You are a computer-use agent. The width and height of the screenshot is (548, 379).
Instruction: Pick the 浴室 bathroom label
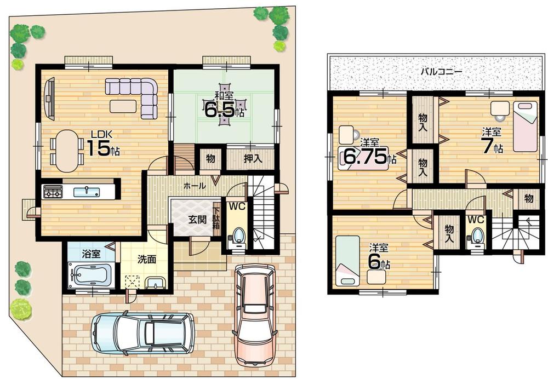pyautogui.click(x=91, y=254)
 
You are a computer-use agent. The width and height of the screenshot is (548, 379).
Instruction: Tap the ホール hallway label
pyautogui.click(x=195, y=186)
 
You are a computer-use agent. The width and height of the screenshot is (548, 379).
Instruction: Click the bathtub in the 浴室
pyautogui.click(x=92, y=274)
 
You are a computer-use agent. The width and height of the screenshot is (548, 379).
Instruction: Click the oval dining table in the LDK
pyautogui.click(x=66, y=151)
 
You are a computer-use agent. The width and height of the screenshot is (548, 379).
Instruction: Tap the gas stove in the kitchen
pyautogui.click(x=53, y=192)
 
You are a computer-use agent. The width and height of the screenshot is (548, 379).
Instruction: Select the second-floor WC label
pyautogui.click(x=476, y=219)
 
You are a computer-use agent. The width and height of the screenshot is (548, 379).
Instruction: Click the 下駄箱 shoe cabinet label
pyautogui.click(x=217, y=217)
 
